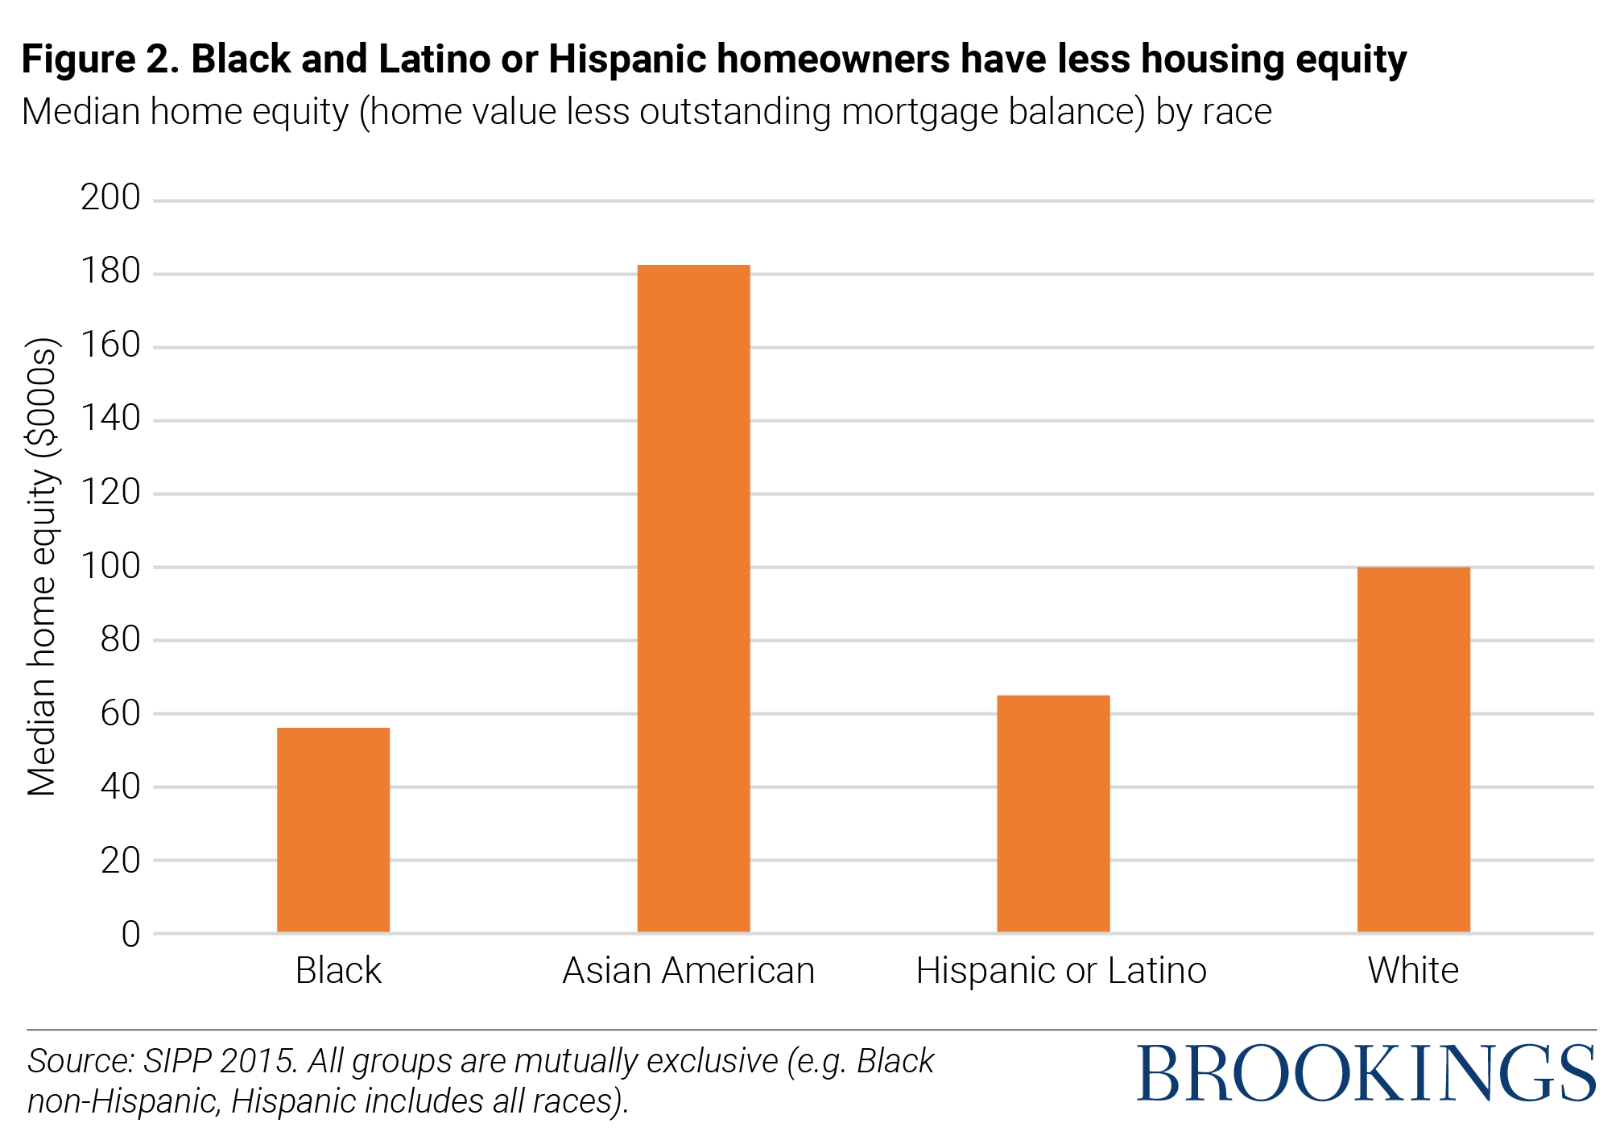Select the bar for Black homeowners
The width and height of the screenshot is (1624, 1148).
click(333, 829)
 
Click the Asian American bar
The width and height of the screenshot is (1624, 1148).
click(693, 598)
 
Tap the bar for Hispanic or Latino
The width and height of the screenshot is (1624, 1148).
click(1053, 813)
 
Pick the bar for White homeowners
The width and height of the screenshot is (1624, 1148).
click(1413, 749)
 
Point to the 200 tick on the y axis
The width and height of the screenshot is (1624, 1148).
click(110, 198)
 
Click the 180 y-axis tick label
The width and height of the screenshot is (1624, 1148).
click(110, 271)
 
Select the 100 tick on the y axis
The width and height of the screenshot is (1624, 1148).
click(110, 566)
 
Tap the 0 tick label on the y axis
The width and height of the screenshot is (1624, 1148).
click(130, 934)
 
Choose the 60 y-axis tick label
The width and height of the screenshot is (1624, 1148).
click(120, 713)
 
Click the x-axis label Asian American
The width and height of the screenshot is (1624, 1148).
click(688, 971)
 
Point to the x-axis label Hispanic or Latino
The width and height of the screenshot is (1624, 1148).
click(1060, 971)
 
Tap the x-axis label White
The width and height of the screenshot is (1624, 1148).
click(1413, 971)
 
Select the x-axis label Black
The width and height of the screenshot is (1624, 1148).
click(337, 971)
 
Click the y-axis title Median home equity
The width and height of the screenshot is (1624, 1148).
click(42, 567)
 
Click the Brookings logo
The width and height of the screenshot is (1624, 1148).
click(1366, 1075)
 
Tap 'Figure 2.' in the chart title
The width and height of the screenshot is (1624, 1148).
click(100, 60)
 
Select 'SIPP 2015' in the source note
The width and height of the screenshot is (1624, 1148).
click(220, 1061)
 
